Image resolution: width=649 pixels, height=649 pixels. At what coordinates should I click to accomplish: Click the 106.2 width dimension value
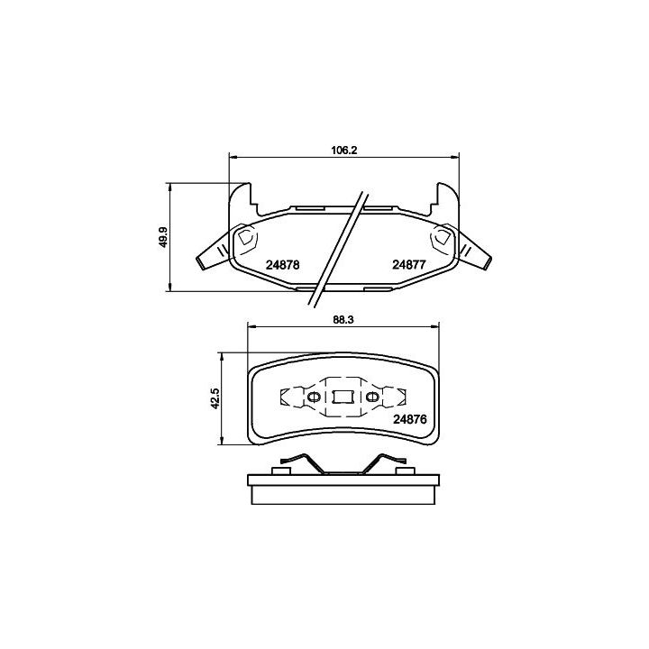coord(343,151)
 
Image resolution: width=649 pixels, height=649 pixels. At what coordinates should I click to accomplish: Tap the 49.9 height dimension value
coord(163,238)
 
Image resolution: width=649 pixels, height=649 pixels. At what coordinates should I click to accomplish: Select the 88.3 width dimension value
coord(343,320)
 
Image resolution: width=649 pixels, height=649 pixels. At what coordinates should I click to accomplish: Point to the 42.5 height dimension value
coord(215,399)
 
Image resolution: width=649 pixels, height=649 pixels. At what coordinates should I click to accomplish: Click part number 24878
coord(283,265)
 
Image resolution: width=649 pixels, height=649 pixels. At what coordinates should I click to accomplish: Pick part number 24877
coord(409,265)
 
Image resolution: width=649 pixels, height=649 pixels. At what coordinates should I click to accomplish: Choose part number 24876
coord(410,419)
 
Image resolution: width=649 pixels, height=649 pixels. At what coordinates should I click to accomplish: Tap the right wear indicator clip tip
coord(488,263)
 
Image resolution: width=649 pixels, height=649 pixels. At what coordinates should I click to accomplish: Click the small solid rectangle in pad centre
coord(343,397)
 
